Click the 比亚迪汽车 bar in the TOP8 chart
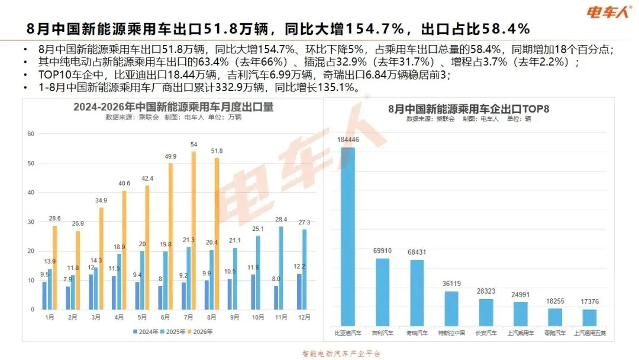348,236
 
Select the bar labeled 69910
382,292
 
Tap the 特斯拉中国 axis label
451,333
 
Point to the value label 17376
590,302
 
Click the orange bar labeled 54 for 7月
193,230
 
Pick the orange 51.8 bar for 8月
217,234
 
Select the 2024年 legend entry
146,332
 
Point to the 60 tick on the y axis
31,134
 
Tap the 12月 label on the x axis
304,317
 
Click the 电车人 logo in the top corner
609,12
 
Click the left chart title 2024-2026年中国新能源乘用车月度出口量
173,107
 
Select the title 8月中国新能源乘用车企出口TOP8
469,109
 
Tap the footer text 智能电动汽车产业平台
341,353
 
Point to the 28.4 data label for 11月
281,219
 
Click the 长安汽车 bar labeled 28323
486,312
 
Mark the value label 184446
348,139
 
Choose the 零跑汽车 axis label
555,333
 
